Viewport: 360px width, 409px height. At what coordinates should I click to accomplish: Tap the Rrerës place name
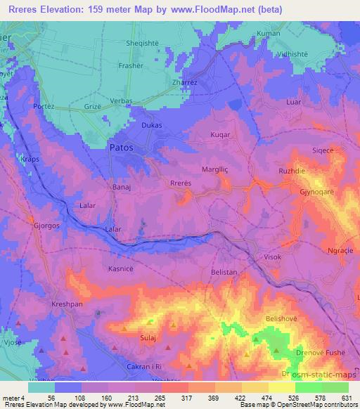pos(181,183)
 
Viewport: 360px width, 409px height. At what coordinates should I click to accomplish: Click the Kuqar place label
pos(221,134)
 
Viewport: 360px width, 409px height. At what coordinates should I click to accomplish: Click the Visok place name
pos(271,257)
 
